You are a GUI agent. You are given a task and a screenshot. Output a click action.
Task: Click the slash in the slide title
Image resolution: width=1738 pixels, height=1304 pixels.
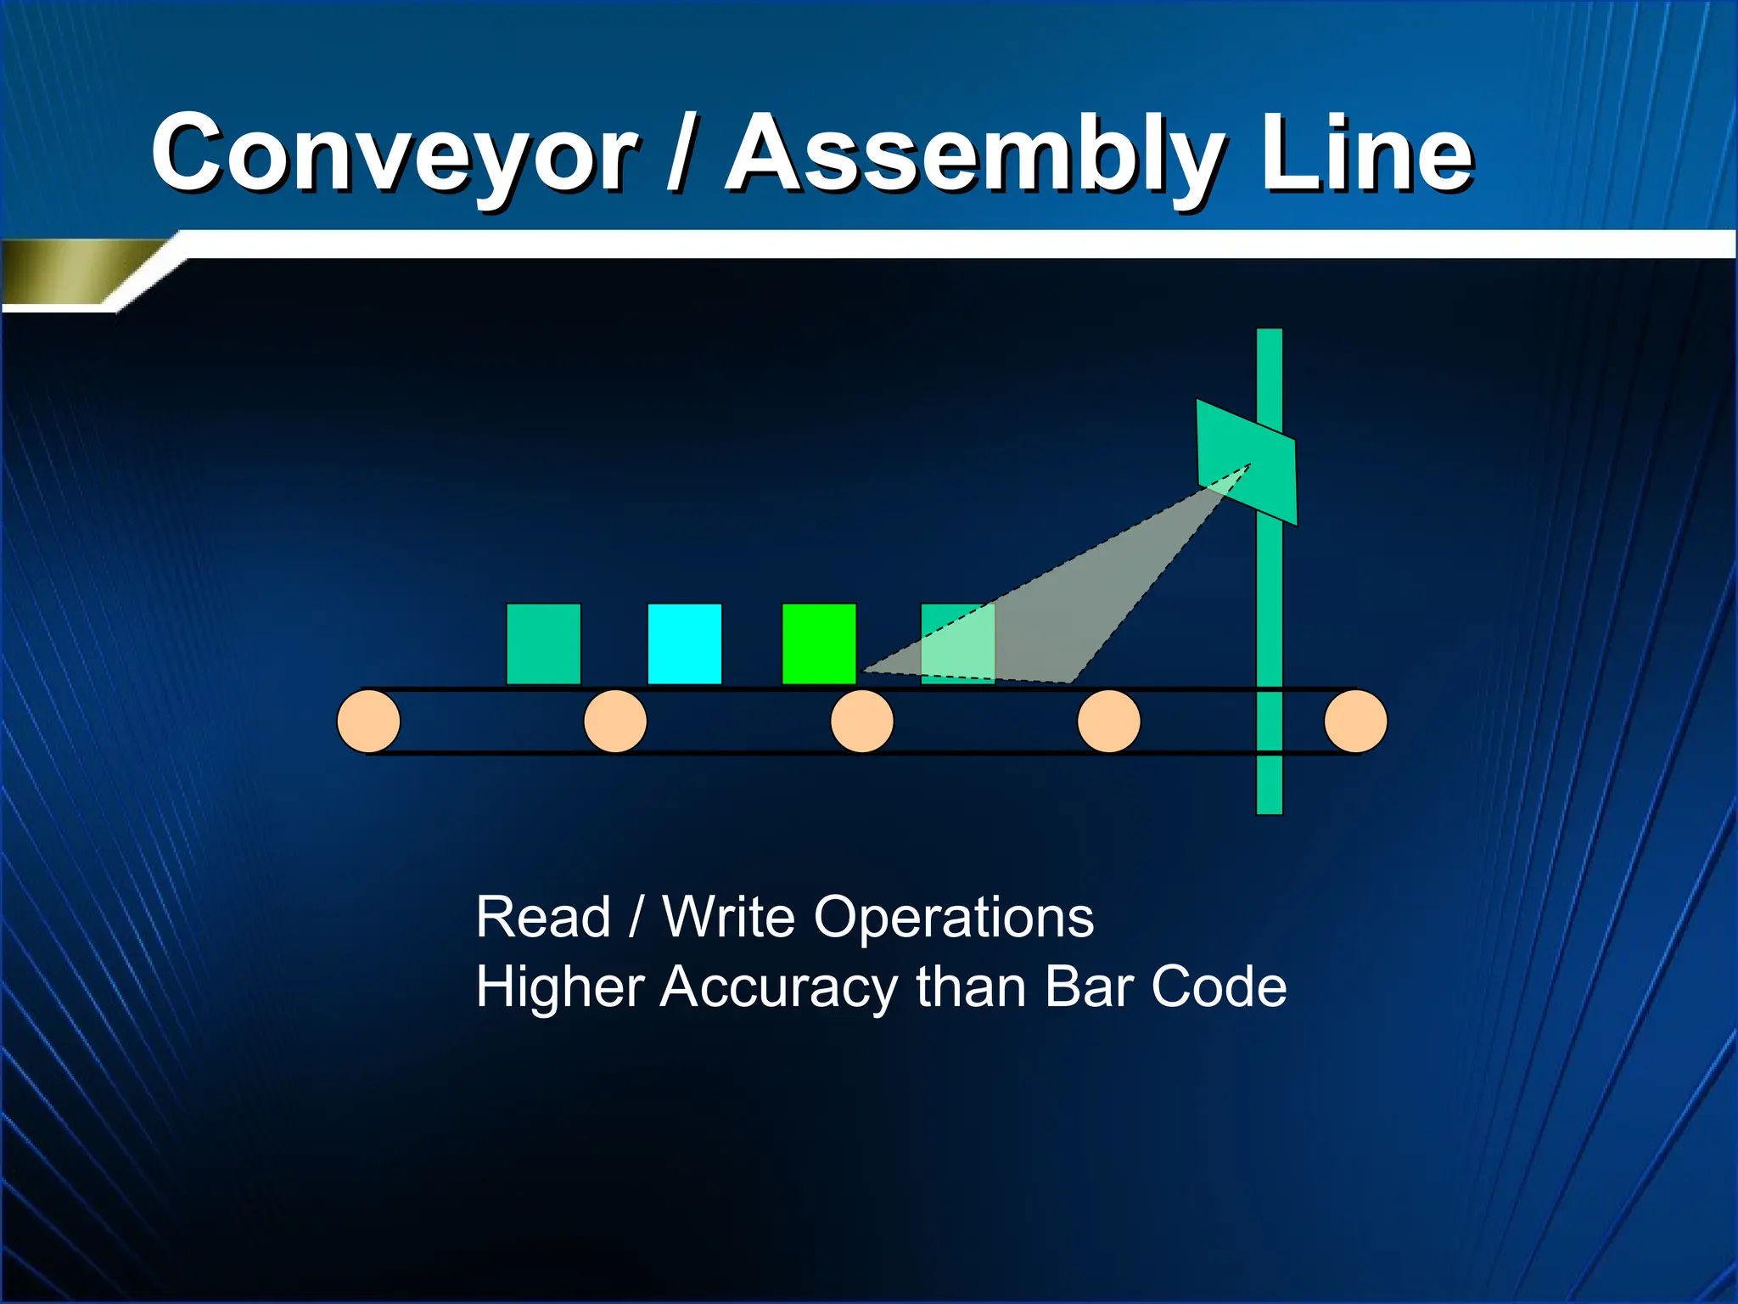681,155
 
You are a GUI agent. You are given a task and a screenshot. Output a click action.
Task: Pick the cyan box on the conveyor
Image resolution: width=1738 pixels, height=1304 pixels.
684,644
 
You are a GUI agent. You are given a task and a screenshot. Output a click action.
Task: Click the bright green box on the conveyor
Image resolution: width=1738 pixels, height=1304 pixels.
818,644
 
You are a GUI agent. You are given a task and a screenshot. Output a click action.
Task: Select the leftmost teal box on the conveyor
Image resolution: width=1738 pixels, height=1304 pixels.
543,644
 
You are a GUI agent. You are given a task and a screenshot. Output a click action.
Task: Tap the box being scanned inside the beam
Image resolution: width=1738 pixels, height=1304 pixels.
957,644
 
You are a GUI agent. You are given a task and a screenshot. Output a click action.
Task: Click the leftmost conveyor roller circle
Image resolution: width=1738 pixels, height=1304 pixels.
368,722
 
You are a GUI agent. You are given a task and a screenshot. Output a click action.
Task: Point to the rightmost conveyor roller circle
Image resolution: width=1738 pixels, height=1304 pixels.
1355,722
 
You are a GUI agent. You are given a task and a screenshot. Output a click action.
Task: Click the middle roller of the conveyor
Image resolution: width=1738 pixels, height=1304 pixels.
861,722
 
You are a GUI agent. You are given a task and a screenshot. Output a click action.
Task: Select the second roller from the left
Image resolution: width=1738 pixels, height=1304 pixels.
615,722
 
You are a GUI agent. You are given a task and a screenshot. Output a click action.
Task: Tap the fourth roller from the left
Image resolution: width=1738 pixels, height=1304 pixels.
1108,722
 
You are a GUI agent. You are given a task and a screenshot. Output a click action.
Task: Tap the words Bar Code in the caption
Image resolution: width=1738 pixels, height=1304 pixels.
1165,987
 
